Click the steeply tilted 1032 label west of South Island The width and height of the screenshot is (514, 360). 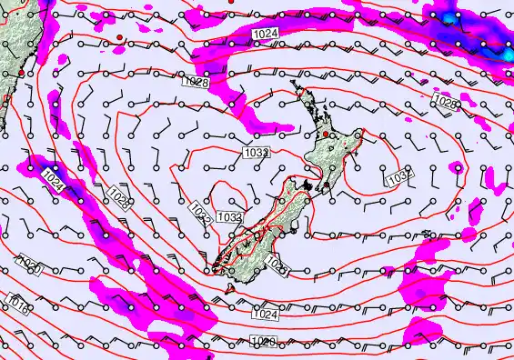(x=202, y=214)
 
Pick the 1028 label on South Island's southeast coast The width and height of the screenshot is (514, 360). (x=278, y=268)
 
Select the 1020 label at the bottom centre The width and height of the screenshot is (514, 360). (x=262, y=342)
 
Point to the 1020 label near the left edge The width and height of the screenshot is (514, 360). (x=29, y=266)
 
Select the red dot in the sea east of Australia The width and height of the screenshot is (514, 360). (x=118, y=36)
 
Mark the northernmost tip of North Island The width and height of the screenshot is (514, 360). (x=294, y=83)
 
